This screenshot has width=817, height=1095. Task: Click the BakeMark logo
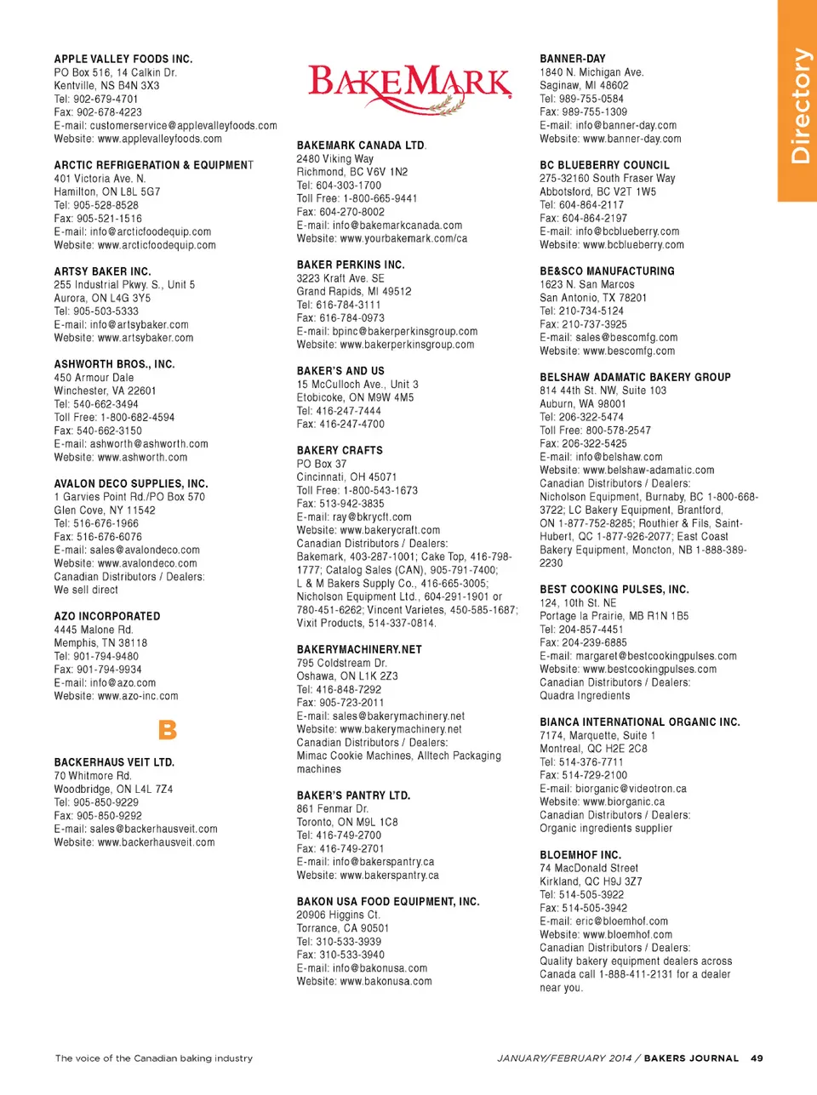409,88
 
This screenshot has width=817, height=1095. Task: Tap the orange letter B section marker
168,730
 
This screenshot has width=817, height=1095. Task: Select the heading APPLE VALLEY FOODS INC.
123,60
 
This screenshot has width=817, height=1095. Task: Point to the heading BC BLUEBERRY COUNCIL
604,165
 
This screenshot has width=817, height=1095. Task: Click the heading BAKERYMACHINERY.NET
359,649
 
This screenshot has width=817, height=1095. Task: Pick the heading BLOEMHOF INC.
580,855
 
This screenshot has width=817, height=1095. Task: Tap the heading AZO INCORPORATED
107,616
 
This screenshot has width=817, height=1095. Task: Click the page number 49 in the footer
757,1058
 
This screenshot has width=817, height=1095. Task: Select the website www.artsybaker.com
146,338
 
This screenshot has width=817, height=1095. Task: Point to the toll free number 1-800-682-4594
138,418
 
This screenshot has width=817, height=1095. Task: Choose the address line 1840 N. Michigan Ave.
591,72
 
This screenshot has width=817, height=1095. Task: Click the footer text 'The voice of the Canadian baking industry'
154,1058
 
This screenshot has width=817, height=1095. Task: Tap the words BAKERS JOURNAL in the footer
691,1058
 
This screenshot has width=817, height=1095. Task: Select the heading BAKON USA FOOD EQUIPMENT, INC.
388,902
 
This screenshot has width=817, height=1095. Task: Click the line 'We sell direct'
86,590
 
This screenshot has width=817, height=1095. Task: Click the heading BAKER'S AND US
340,371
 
